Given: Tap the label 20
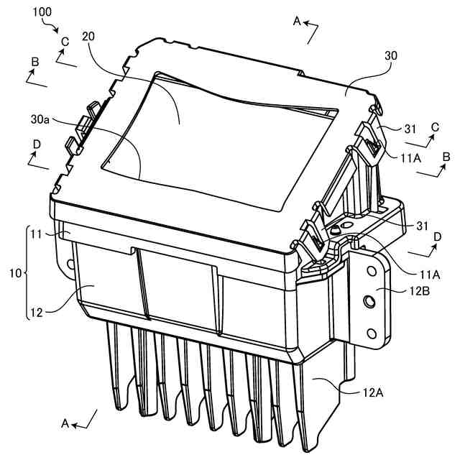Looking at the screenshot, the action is (89, 36).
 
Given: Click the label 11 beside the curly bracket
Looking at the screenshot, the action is (37, 234).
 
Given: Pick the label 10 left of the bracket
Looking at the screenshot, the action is (14, 273).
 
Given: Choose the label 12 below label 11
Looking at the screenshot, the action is (37, 312).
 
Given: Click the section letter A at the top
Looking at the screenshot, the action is (296, 22).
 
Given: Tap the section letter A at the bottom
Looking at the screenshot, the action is (65, 424).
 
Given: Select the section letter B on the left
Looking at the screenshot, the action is (35, 63).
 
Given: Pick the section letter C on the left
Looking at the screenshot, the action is (65, 42).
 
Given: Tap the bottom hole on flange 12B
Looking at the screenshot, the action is (372, 331).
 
